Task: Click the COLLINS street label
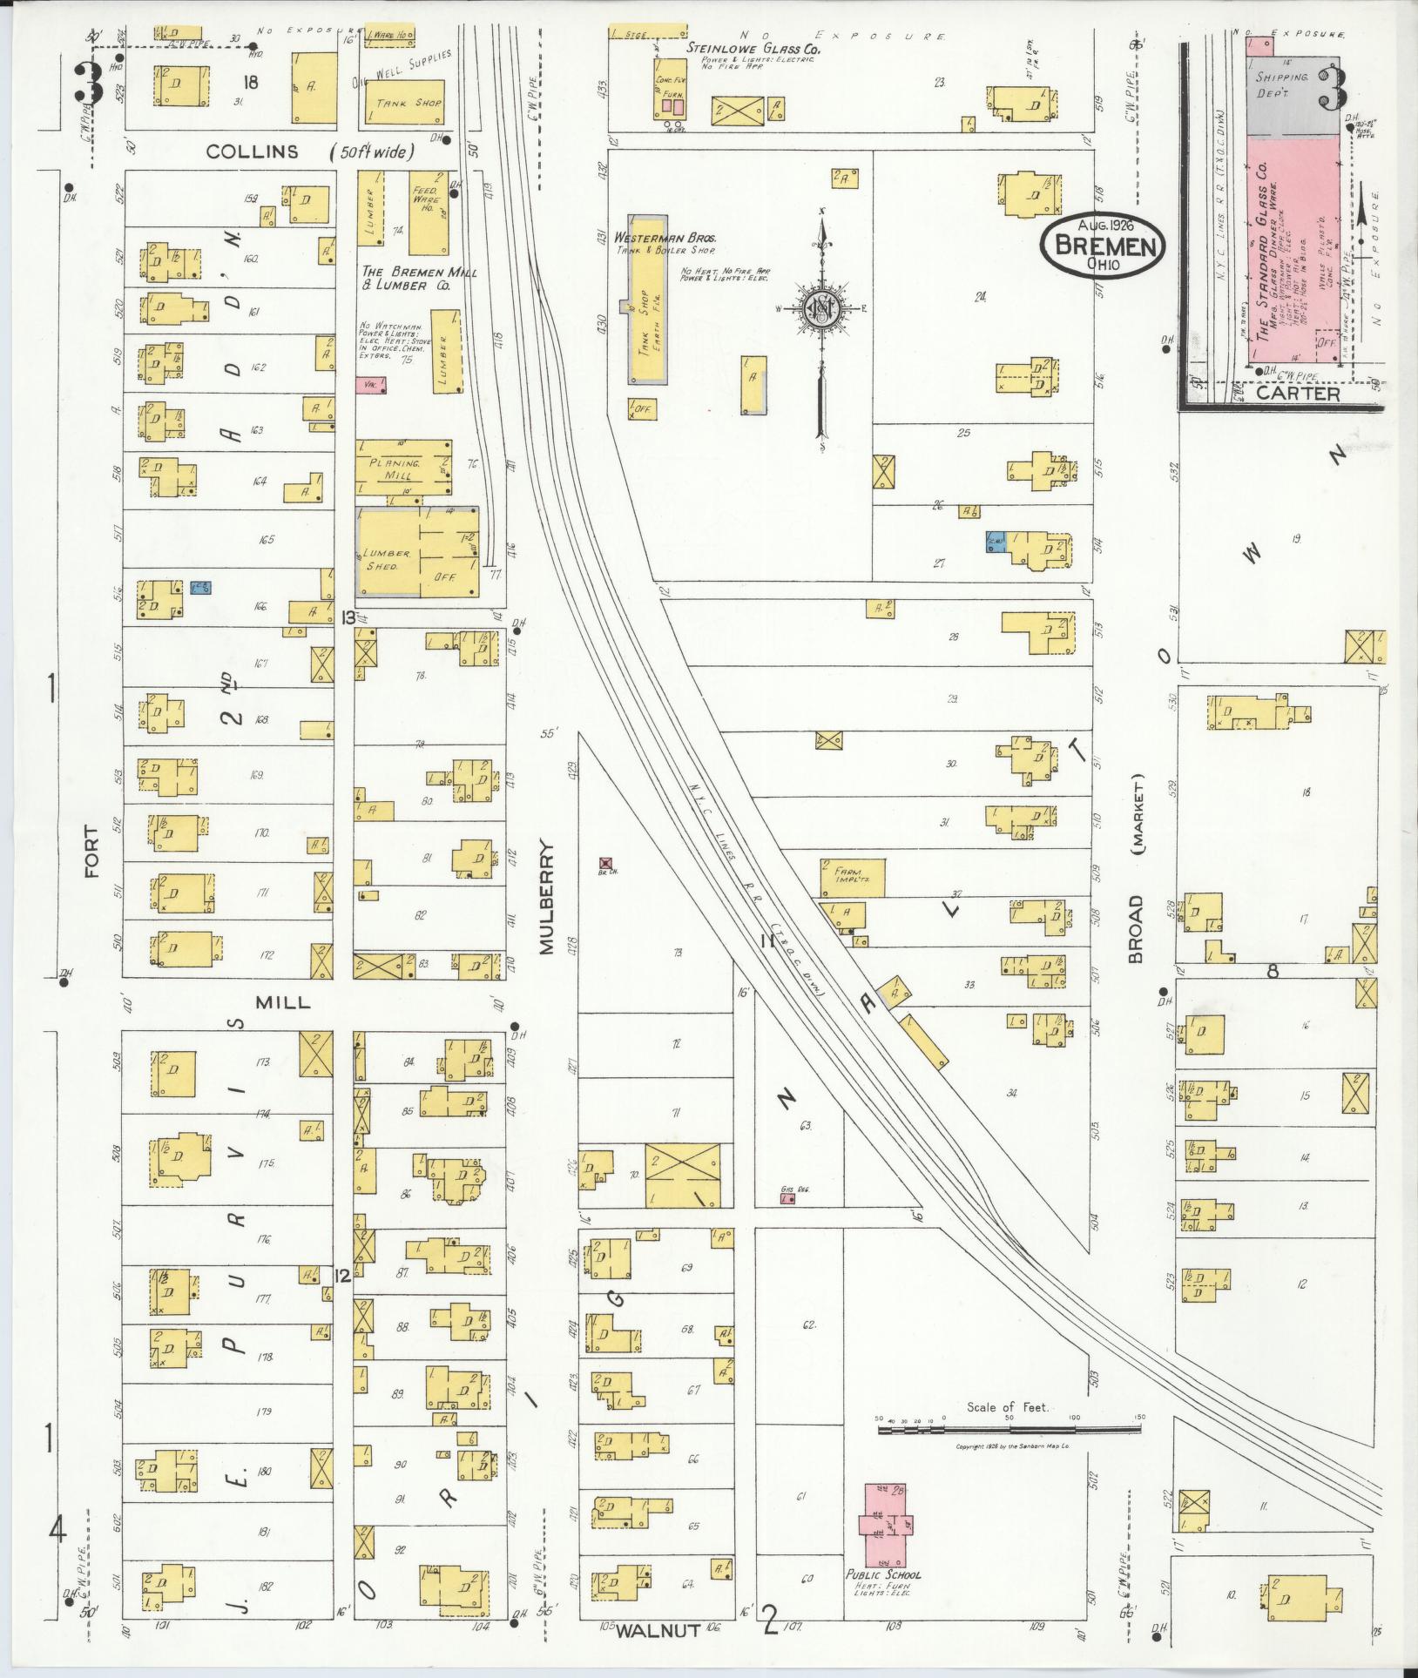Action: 253,152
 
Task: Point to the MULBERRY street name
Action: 547,897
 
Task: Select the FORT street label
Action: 92,852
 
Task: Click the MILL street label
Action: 282,1002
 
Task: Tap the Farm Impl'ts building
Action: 852,877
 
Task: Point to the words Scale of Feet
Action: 1008,1407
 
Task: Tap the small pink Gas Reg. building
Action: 787,1199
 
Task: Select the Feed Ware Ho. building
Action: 427,212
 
